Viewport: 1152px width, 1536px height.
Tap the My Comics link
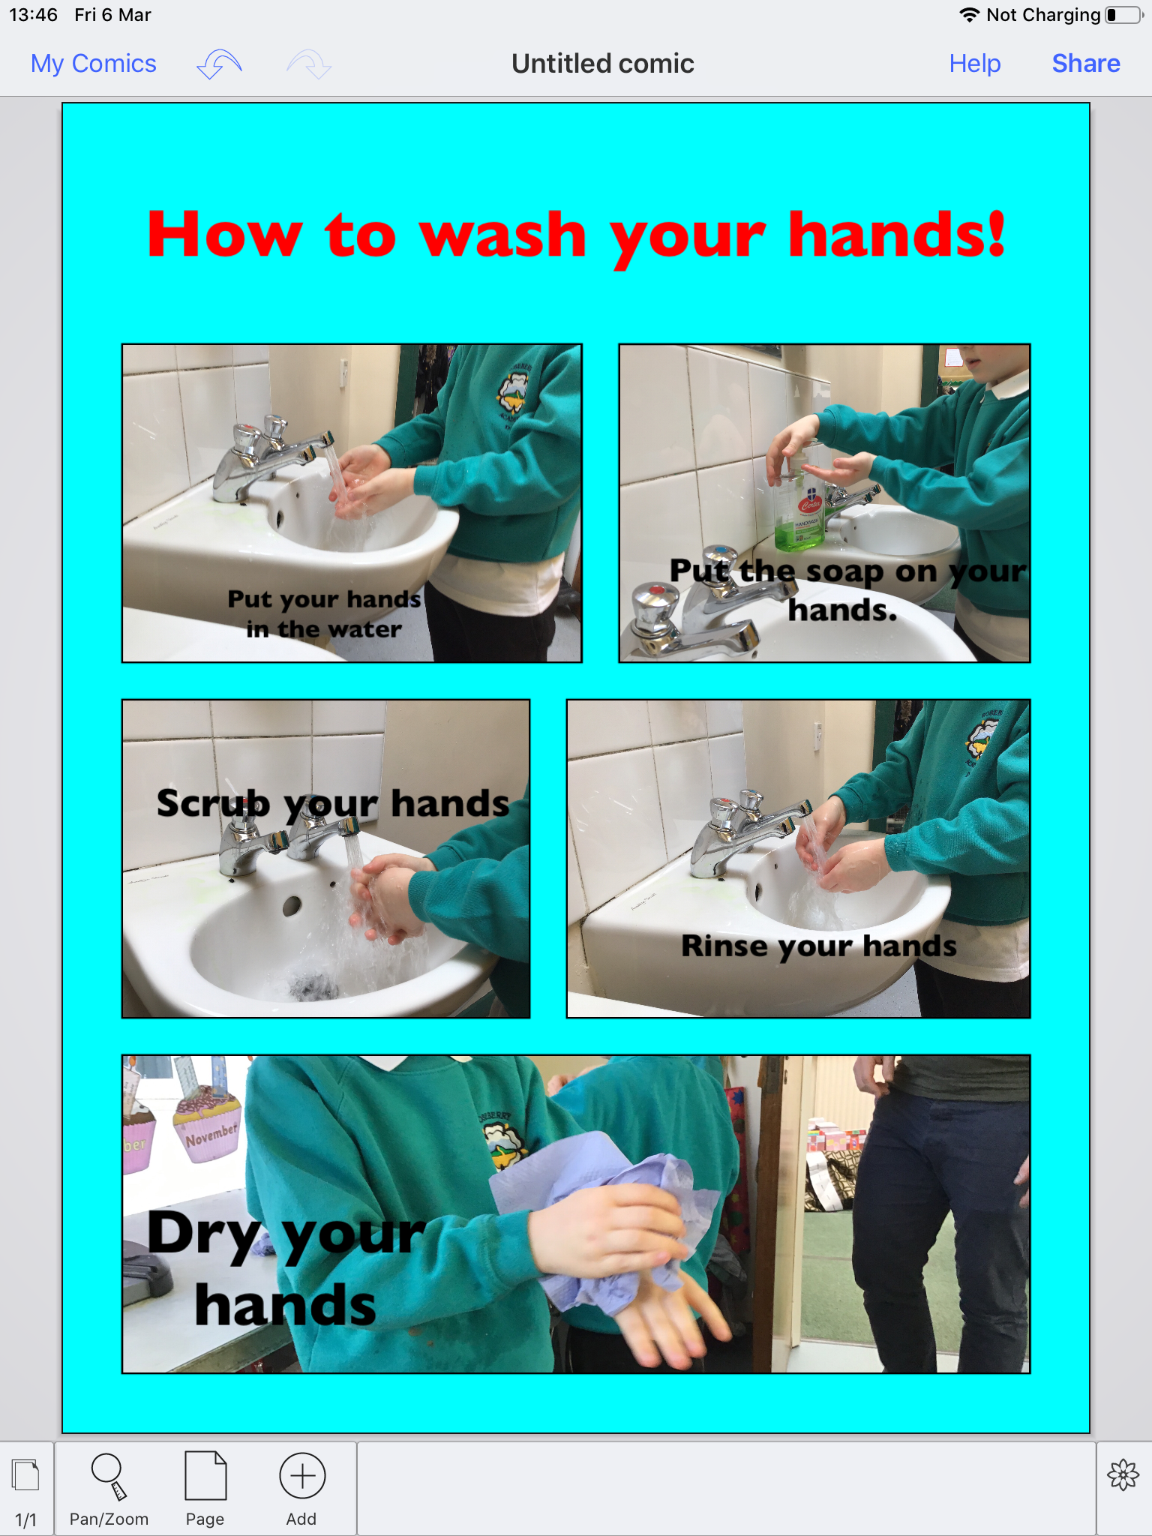pos(94,64)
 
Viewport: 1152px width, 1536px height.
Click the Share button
pos(1086,64)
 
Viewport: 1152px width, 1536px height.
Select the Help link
pos(975,64)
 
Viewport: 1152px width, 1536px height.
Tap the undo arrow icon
pos(219,64)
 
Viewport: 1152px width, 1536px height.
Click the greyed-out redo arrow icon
pos(309,64)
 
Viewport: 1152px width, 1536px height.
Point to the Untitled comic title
pos(603,64)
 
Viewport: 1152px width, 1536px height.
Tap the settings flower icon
pos(1123,1475)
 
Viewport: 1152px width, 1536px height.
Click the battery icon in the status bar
pos(1124,15)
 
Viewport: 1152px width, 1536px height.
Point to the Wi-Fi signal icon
pos(970,15)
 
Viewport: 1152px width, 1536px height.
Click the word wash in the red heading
pos(502,235)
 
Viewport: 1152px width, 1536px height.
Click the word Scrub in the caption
pos(213,803)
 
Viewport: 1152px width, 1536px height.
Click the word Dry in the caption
pos(205,1234)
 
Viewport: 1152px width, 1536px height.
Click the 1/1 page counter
pos(25,1519)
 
